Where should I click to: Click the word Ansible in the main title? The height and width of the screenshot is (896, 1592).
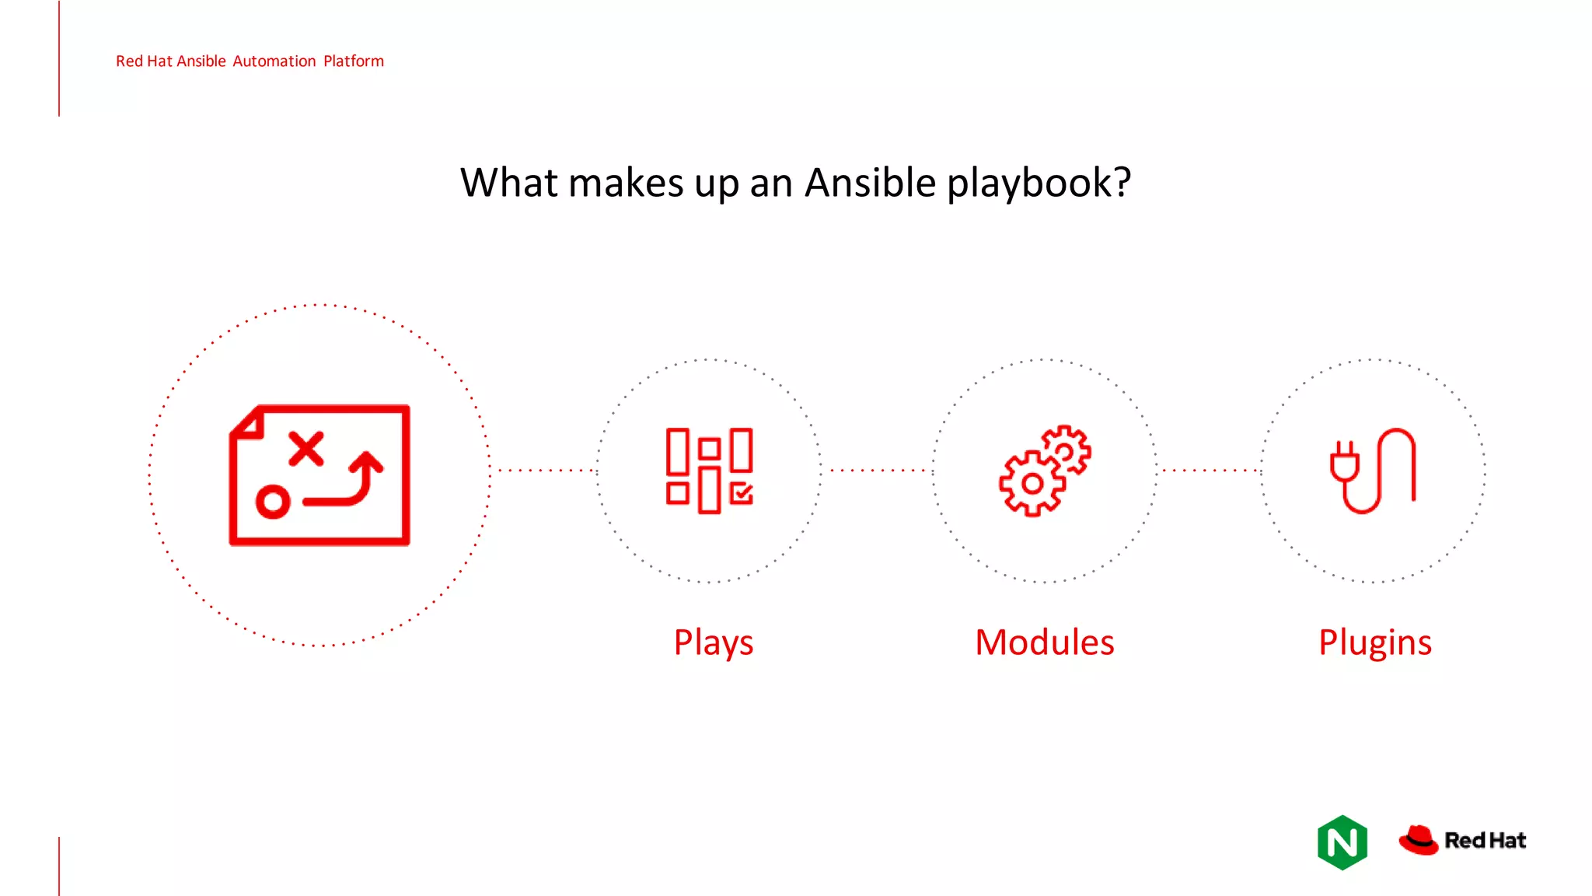[x=870, y=184]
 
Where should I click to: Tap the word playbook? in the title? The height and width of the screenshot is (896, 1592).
[x=1039, y=184]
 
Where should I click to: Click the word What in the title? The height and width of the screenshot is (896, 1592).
[x=509, y=184]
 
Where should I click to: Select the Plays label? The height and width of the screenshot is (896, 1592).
[x=713, y=643]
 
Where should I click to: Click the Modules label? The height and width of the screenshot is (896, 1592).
[x=1045, y=642]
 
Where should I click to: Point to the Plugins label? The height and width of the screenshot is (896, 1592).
[x=1374, y=643]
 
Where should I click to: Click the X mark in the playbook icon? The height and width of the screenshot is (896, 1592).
[x=306, y=449]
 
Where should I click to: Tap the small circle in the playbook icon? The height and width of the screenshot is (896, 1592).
[x=273, y=502]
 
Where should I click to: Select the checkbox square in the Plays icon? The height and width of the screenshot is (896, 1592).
[x=742, y=493]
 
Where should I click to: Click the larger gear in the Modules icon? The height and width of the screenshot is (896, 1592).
[x=1032, y=484]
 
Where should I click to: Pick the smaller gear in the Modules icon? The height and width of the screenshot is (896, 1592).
[x=1066, y=450]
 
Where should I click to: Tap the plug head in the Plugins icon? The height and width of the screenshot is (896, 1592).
[x=1344, y=464]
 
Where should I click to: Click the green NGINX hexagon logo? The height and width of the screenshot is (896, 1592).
[x=1342, y=842]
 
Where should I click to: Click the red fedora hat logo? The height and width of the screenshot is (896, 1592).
[x=1419, y=840]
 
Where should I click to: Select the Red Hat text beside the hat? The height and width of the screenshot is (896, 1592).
[x=1485, y=841]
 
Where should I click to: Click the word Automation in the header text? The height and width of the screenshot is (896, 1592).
[x=274, y=61]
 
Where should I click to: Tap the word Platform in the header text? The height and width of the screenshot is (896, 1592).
[x=354, y=61]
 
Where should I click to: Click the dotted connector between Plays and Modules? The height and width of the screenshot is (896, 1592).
[x=877, y=471]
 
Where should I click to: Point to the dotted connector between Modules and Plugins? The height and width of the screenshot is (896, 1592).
[x=1209, y=471]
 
